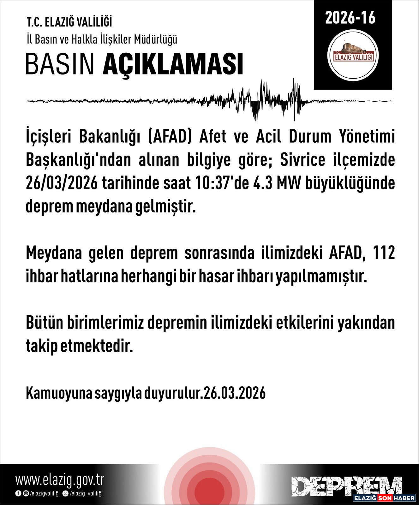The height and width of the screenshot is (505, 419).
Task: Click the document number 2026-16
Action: click(x=350, y=18)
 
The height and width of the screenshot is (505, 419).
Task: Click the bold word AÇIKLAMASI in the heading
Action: click(x=173, y=65)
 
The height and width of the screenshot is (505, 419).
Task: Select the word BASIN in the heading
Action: click(x=60, y=65)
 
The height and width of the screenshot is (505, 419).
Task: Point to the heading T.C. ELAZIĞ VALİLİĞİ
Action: click(x=69, y=23)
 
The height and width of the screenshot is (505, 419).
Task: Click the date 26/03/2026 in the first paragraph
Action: click(x=62, y=183)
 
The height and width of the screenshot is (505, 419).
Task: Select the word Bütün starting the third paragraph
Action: click(x=44, y=323)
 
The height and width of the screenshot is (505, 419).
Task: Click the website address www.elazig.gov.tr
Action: click(x=60, y=480)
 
